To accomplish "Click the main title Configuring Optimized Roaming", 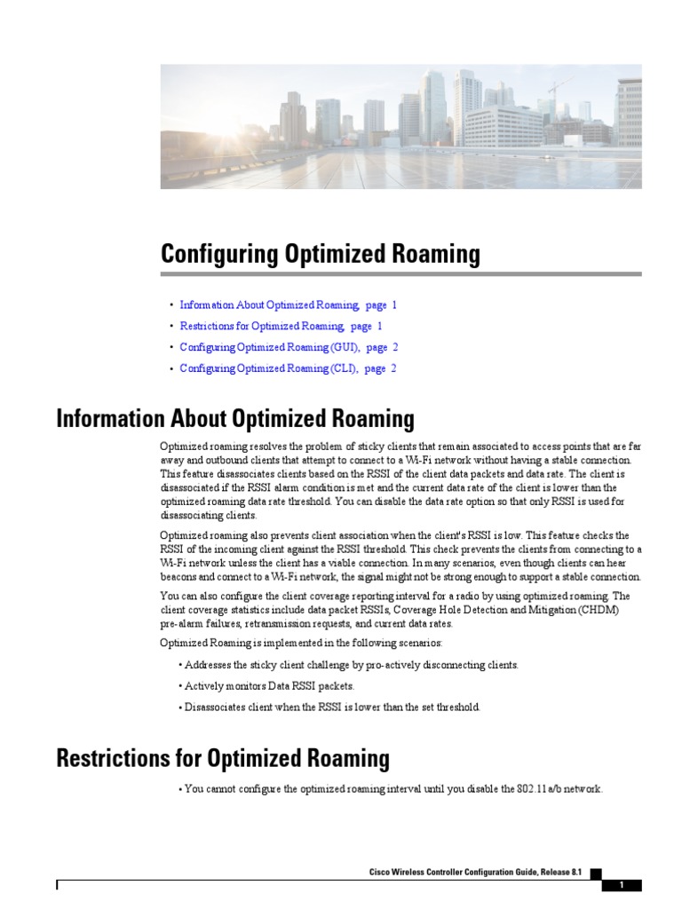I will (320, 254).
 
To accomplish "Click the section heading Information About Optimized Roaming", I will (235, 418).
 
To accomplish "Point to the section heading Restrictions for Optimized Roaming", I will (223, 758).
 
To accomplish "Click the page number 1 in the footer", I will (622, 885).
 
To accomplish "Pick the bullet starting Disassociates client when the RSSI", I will (331, 707).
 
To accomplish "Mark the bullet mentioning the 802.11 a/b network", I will (393, 788).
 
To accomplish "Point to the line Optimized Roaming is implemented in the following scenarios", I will (306, 643).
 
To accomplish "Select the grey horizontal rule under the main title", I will (400, 274).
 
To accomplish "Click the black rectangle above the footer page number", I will (595, 873).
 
